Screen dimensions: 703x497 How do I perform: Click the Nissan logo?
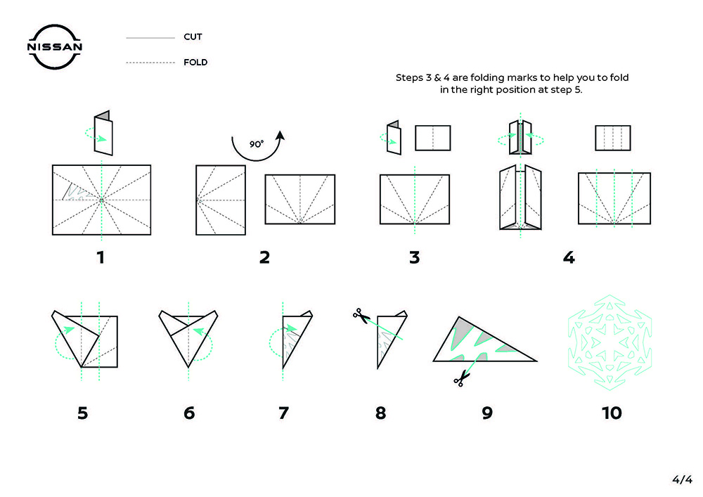[55, 46]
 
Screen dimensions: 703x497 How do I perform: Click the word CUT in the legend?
[193, 37]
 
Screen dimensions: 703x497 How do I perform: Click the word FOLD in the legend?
[195, 63]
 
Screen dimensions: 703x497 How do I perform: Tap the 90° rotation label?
[257, 144]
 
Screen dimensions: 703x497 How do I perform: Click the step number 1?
[101, 258]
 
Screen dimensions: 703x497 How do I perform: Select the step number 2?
[264, 258]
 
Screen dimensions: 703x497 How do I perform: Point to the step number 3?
[415, 258]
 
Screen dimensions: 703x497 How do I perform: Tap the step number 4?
[569, 258]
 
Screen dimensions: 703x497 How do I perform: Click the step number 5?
[82, 413]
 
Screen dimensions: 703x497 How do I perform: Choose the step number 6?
[189, 413]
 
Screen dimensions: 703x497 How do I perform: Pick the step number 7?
[283, 413]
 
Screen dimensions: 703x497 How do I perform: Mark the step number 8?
[380, 413]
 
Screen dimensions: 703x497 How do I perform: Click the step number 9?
[487, 413]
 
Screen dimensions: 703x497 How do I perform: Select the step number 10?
[612, 413]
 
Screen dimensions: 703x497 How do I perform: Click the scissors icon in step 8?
[361, 316]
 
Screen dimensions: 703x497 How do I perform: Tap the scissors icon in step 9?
[461, 379]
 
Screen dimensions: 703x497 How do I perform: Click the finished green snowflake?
[610, 342]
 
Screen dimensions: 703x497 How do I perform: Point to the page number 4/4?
[683, 479]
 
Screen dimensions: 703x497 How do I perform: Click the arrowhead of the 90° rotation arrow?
[280, 136]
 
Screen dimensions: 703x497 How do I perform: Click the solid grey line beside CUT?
[150, 38]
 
